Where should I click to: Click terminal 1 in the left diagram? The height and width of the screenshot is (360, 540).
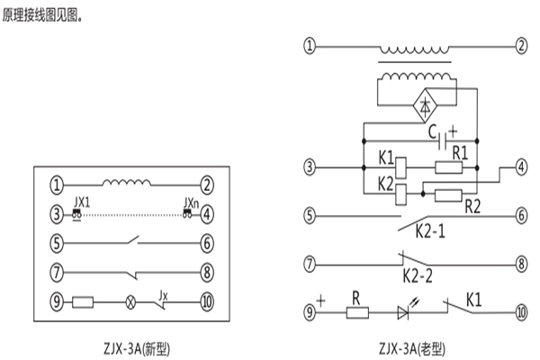coord(57,186)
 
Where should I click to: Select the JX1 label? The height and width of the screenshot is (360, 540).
coord(83,203)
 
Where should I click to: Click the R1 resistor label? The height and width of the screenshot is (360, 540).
coord(459,153)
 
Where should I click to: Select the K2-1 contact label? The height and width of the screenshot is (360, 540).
coord(431,230)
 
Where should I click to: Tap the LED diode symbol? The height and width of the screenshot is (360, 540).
coord(404,312)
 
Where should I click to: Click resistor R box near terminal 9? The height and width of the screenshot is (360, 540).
coord(357,312)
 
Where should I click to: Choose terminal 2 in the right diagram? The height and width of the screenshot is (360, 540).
coord(520,45)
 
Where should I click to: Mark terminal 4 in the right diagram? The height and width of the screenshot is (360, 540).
coord(520,167)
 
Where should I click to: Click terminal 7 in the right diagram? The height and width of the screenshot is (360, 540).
coord(310,265)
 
